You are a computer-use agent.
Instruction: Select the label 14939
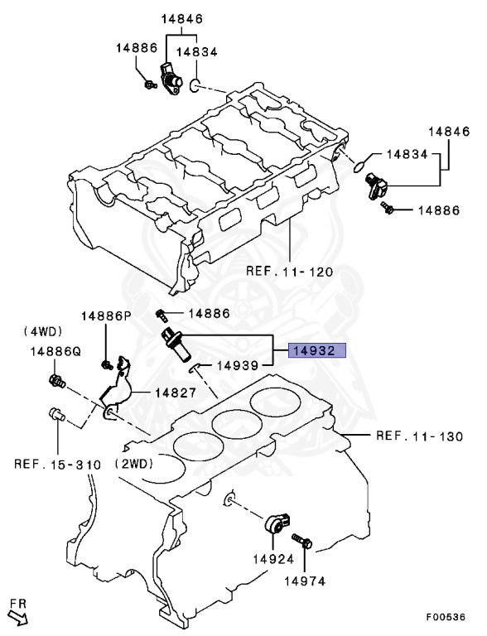241,364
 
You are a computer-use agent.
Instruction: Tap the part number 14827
172,393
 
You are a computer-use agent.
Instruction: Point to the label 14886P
106,316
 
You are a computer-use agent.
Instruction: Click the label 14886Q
55,351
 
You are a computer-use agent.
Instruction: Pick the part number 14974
305,581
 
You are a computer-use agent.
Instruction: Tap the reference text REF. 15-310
57,465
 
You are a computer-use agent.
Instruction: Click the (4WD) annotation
40,331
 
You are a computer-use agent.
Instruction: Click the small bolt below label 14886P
107,364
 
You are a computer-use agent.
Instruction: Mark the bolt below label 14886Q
56,382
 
